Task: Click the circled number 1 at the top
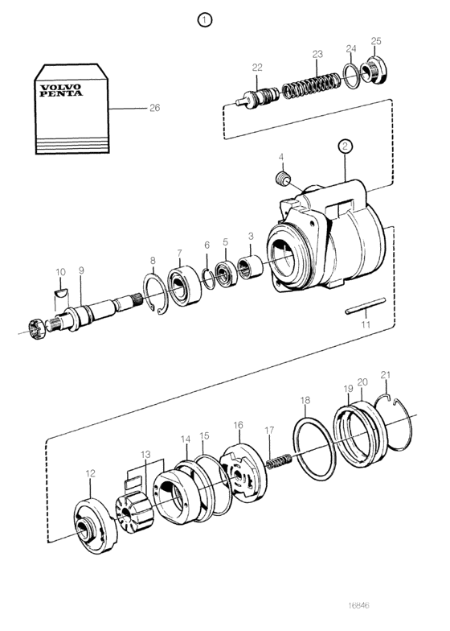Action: pos(205,19)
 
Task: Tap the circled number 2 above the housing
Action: pos(346,146)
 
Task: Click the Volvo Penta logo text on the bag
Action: pos(60,90)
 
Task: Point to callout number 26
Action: pos(154,108)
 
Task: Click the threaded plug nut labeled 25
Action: pos(373,71)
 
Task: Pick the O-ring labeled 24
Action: pos(350,75)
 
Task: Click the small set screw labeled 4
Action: pos(283,179)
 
